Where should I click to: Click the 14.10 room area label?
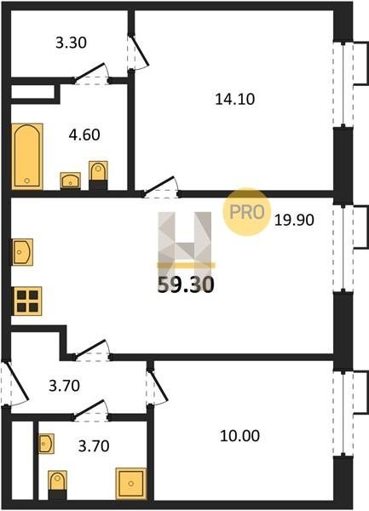coord(234,99)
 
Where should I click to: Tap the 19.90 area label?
coord(294,220)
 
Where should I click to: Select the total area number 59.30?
coord(186,284)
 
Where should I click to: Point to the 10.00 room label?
coord(240,436)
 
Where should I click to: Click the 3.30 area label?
coord(71,43)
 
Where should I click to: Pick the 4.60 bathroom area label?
coord(84,135)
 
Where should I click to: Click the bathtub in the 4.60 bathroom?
coord(27,157)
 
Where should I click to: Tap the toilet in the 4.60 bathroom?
coord(98,175)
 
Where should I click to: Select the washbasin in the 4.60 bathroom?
coord(71,181)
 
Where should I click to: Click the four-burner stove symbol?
coord(27,301)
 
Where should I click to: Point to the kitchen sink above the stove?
coord(22,252)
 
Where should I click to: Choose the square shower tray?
coord(131,484)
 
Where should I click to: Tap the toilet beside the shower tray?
coord(57,485)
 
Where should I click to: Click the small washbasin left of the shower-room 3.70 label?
coord(46,444)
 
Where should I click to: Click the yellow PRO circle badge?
coord(247,212)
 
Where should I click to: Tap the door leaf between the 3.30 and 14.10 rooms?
coord(140,50)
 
